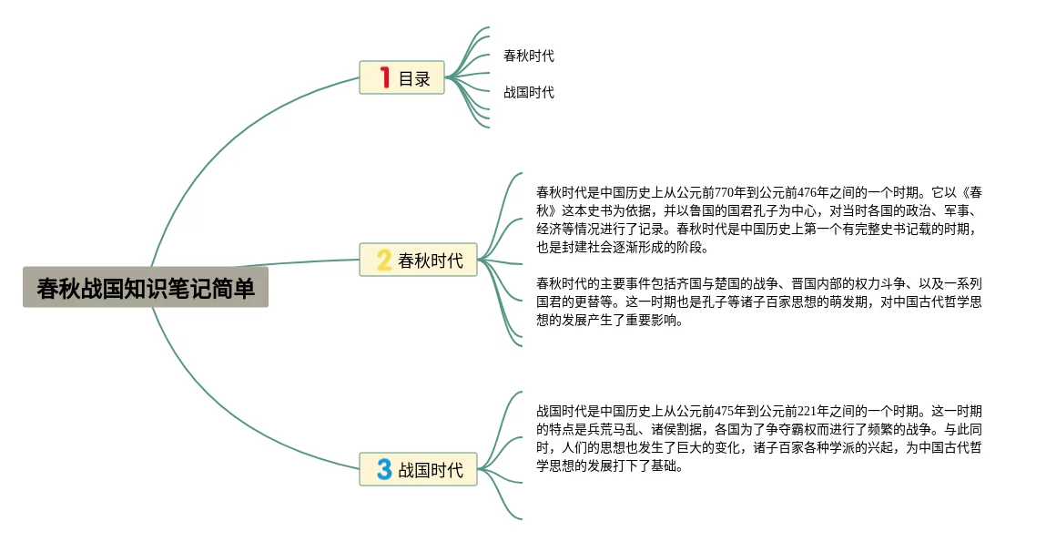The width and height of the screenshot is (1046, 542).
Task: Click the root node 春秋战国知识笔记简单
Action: click(x=146, y=288)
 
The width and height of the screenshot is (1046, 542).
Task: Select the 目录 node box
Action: click(x=401, y=78)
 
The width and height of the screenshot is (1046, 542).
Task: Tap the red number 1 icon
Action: click(x=385, y=78)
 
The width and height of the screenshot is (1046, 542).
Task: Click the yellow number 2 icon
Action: click(x=384, y=261)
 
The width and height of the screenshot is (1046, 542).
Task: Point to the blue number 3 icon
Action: click(x=384, y=469)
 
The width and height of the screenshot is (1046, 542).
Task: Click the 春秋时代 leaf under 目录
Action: click(x=529, y=56)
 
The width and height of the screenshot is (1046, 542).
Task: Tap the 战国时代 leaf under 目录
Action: click(x=529, y=92)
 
